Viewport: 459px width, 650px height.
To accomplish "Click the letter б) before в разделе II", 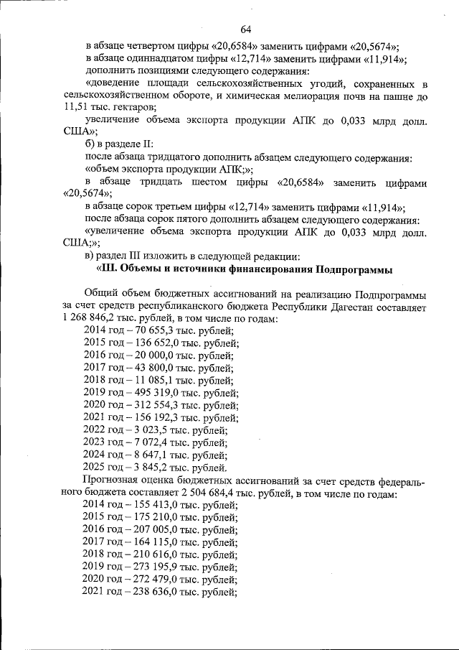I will (x=90, y=144).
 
